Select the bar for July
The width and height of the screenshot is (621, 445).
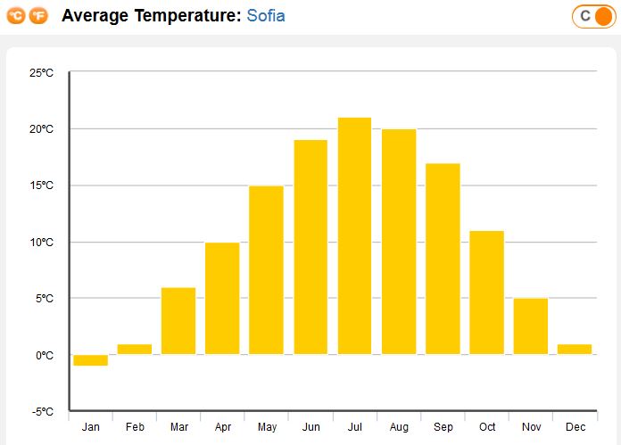click(354, 236)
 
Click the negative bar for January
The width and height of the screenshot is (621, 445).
click(90, 360)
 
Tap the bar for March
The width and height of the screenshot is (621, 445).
click(178, 321)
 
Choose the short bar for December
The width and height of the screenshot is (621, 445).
click(574, 350)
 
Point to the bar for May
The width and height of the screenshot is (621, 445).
click(266, 270)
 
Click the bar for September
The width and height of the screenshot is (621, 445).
click(443, 259)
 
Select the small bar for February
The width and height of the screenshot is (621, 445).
click(134, 350)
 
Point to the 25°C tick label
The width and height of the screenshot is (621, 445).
click(42, 72)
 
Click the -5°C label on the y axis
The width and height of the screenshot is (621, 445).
click(42, 412)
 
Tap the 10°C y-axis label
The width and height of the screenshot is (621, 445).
click(42, 242)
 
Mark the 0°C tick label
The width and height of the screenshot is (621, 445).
click(45, 355)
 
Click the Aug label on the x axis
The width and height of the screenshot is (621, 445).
click(399, 428)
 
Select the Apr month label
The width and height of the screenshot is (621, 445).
click(222, 428)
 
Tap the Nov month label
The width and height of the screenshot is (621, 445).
click(531, 428)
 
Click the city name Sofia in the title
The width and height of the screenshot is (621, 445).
click(266, 16)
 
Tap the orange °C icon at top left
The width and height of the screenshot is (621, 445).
click(16, 16)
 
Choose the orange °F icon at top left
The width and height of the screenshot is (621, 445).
click(39, 16)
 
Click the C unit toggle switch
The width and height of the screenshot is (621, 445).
click(593, 16)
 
